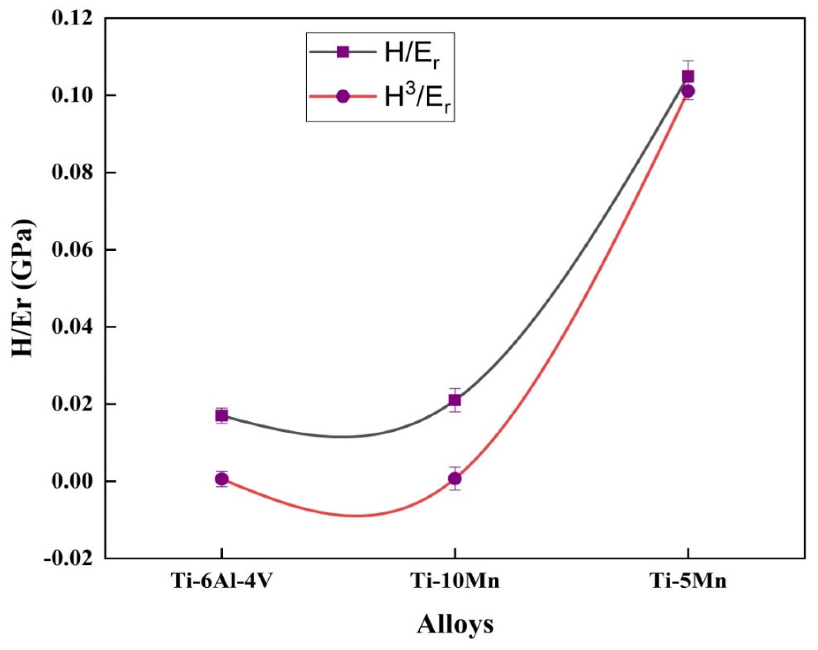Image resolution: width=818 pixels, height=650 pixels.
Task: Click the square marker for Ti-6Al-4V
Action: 222,416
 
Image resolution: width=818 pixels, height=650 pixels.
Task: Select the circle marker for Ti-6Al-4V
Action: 222,479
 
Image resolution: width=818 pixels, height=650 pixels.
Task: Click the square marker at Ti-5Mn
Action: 688,77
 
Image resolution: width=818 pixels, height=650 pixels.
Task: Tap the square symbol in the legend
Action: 343,52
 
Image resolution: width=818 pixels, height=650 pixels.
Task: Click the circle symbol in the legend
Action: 343,96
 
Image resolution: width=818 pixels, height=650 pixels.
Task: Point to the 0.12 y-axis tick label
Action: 72,18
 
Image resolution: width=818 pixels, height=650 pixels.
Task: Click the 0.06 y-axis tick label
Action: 72,250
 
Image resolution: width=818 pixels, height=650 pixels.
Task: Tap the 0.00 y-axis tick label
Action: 72,481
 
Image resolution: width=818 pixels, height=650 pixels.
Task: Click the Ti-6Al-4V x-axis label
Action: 222,581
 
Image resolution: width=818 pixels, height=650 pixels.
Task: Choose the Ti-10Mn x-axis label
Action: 455,581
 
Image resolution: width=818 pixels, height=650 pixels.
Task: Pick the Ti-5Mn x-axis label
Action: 688,581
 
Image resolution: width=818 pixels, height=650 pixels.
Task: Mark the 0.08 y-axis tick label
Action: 72,172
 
